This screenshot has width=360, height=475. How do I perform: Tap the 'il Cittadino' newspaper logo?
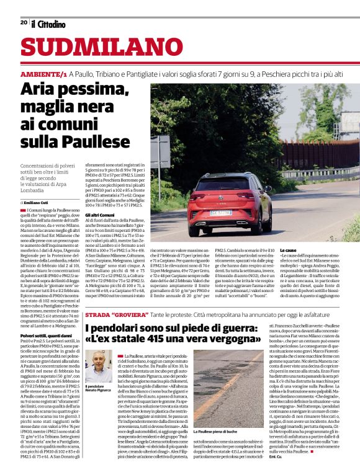48,24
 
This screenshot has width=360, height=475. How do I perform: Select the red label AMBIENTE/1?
43,74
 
